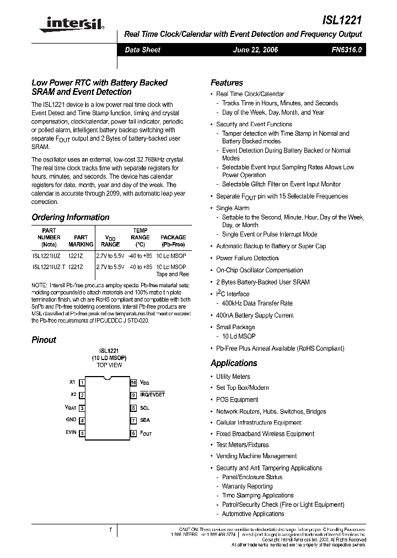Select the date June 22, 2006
256,50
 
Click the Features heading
227,83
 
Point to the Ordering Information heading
70,217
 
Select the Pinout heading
44,340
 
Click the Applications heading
234,363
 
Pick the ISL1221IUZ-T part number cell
49,267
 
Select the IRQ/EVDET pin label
152,395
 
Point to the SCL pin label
144,408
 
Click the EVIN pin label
71,433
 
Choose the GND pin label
71,420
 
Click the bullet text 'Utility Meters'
233,377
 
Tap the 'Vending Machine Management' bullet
256,456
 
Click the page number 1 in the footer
110,530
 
